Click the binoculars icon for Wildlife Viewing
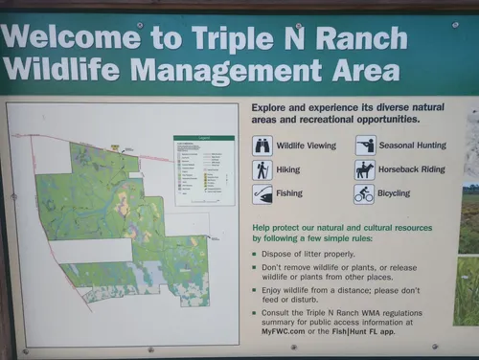tap(262, 146)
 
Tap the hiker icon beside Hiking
tap(262, 170)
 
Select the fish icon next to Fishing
tap(262, 194)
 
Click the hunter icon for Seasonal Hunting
tap(364, 146)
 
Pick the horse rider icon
tap(364, 169)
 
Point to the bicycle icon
tap(364, 194)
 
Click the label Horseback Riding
tap(413, 169)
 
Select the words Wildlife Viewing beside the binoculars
tap(307, 146)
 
